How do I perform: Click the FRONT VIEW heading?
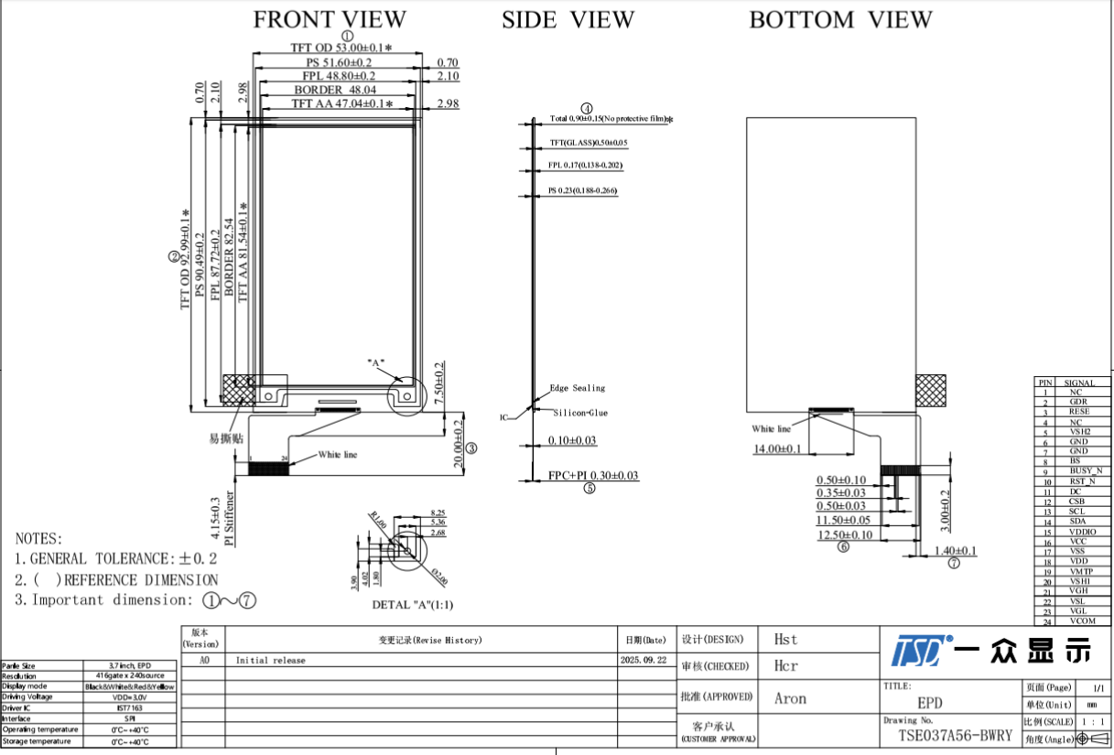click(329, 19)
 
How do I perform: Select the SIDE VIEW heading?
click(567, 19)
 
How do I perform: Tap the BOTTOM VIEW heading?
click(840, 19)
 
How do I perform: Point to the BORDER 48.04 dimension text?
click(335, 91)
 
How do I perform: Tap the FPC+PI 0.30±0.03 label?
click(592, 476)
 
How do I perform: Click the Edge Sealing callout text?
click(577, 388)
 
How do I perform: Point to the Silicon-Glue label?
click(580, 413)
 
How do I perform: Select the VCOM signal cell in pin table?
click(1080, 621)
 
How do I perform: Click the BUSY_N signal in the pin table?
click(1080, 471)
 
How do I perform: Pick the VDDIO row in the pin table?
click(1080, 532)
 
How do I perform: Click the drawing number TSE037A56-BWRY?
click(955, 736)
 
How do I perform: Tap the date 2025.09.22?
click(644, 660)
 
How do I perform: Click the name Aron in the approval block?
click(790, 699)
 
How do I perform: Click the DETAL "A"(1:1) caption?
click(412, 605)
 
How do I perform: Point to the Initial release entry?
click(270, 660)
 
